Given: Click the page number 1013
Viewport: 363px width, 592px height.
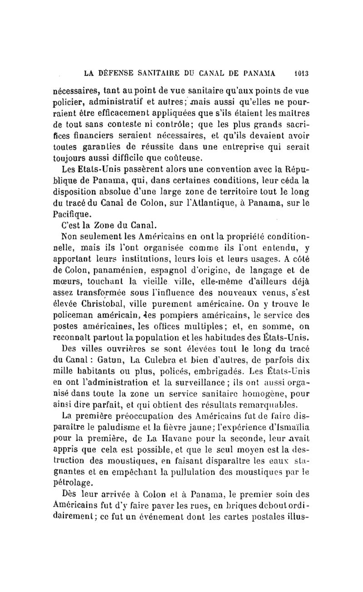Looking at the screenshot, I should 301,72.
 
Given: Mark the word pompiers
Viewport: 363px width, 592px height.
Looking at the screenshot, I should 165,313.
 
